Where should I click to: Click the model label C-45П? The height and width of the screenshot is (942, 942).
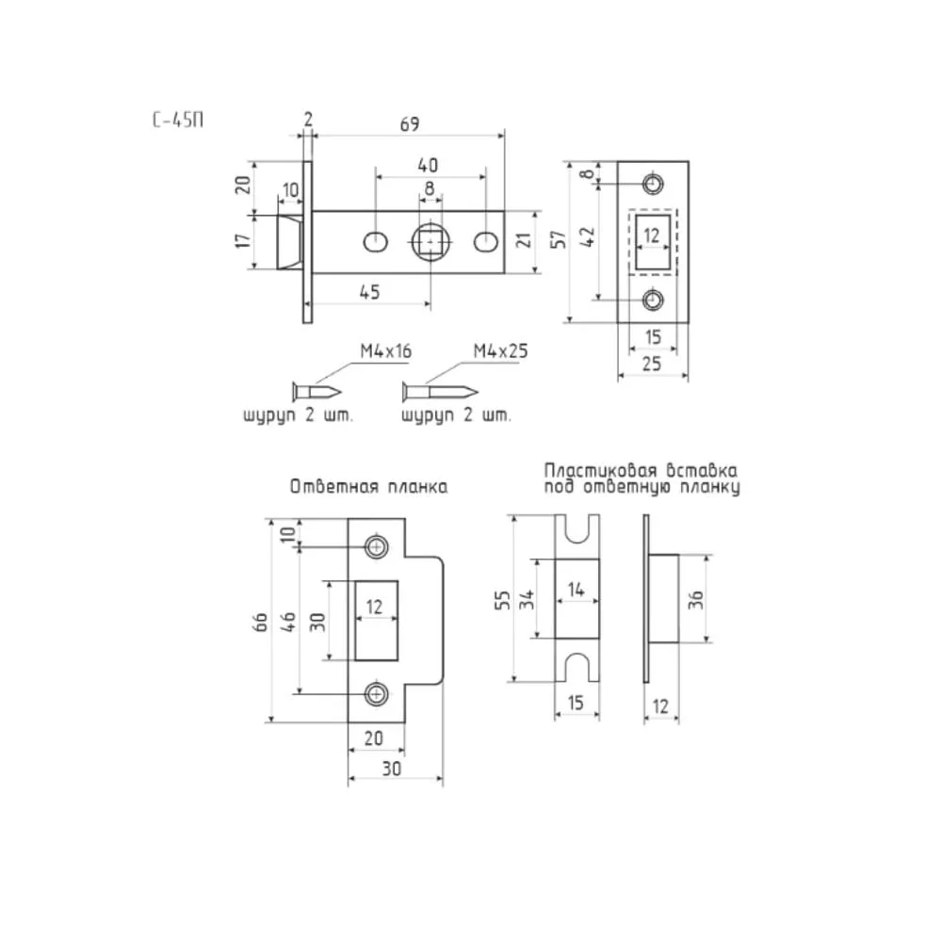[x=178, y=121]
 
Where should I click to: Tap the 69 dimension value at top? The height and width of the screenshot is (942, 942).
[x=410, y=123]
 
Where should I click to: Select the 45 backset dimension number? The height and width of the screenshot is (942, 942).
[x=369, y=292]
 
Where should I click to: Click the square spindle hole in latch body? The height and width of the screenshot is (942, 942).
[x=430, y=242]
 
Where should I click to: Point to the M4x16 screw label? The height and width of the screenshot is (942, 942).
[x=385, y=350]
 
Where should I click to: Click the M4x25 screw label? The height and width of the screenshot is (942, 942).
[x=500, y=350]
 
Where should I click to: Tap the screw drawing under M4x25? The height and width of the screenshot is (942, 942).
[x=440, y=393]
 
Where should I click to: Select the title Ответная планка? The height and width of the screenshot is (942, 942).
[x=368, y=487]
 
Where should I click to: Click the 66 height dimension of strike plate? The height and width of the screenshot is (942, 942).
[x=261, y=621]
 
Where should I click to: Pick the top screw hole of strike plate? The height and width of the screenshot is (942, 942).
[x=377, y=546]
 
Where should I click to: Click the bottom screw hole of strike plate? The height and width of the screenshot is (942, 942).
[x=377, y=694]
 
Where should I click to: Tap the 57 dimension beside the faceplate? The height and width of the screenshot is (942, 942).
[x=559, y=239]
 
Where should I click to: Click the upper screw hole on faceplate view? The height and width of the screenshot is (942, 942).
[x=653, y=184]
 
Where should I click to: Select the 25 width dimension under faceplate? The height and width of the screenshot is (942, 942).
[x=652, y=364]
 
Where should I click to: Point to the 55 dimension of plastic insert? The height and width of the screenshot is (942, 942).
[x=502, y=600]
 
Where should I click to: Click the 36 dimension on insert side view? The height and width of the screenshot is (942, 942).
[x=696, y=599]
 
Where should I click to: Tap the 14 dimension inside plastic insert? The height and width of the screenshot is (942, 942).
[x=576, y=590]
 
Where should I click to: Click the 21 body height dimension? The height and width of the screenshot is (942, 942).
[x=525, y=241]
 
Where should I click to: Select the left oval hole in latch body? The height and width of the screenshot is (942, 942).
[x=376, y=242]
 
